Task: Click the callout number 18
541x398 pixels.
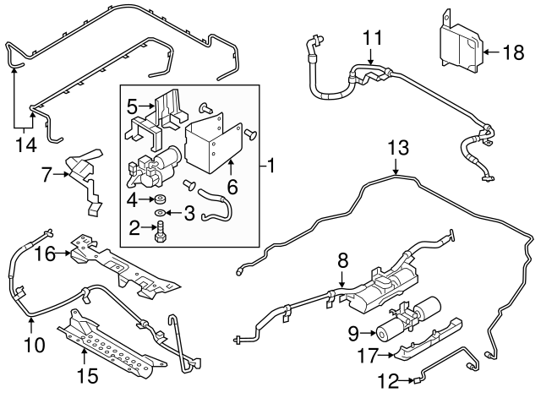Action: [513, 52]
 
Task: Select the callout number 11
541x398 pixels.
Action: [372, 37]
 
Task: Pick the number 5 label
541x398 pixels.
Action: [132, 107]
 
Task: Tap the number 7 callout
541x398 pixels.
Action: [47, 176]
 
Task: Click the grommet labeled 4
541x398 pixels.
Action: [160, 197]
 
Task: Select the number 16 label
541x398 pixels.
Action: [44, 252]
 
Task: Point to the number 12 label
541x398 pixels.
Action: [390, 381]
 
